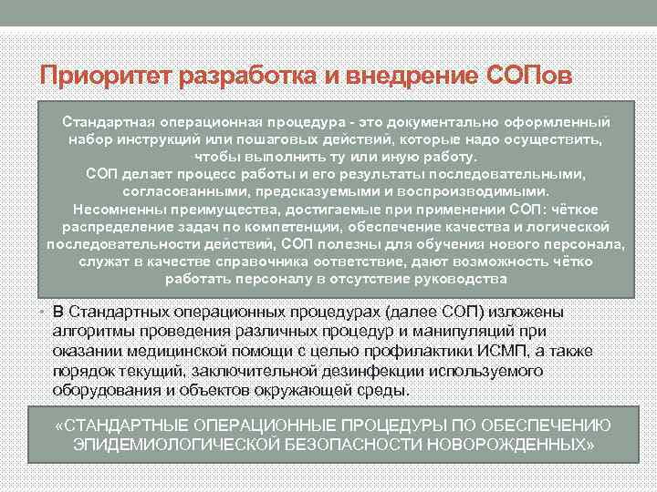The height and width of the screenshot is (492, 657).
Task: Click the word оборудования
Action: pyautogui.click(x=110, y=390)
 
